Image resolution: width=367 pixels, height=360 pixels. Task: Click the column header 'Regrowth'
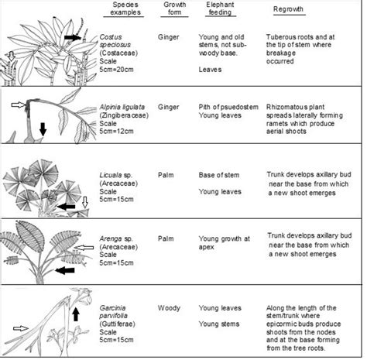tap(289, 11)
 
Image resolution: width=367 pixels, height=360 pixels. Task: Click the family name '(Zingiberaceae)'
tap(127, 117)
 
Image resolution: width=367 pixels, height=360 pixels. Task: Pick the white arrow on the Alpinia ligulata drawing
tap(19, 103)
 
